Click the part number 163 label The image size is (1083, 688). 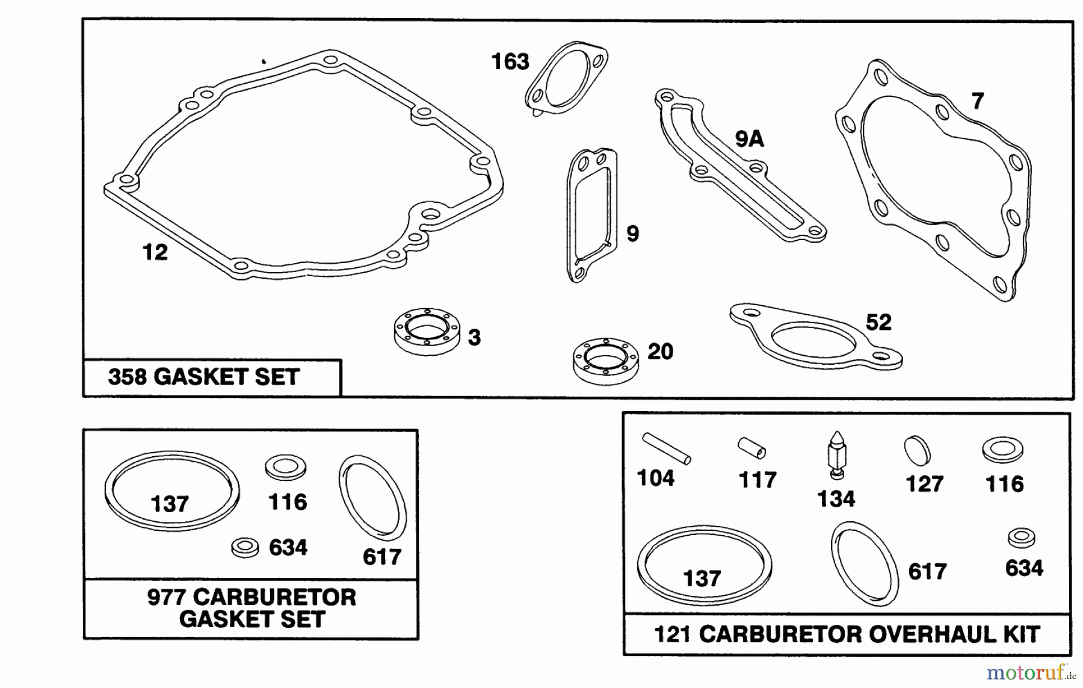tap(510, 61)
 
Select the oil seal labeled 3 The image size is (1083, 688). tap(427, 331)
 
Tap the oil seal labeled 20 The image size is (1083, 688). tap(605, 361)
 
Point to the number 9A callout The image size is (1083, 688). tap(749, 140)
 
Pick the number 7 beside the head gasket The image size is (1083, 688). tap(978, 101)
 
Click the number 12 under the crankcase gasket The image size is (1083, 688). tap(155, 252)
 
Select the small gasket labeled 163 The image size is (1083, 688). tap(566, 76)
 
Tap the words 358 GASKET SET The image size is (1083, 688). tap(203, 377)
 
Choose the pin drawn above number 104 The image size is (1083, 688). tap(666, 448)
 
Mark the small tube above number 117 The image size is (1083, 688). tap(752, 448)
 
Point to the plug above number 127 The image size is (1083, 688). tap(917, 450)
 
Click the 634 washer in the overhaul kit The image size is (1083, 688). tap(1021, 538)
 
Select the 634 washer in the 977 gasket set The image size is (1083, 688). tap(245, 547)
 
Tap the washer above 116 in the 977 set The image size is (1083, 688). tap(286, 467)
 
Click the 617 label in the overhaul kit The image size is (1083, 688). tap(927, 572)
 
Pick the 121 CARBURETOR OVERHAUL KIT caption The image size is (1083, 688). tap(847, 634)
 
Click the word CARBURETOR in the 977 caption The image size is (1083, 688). tap(274, 598)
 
